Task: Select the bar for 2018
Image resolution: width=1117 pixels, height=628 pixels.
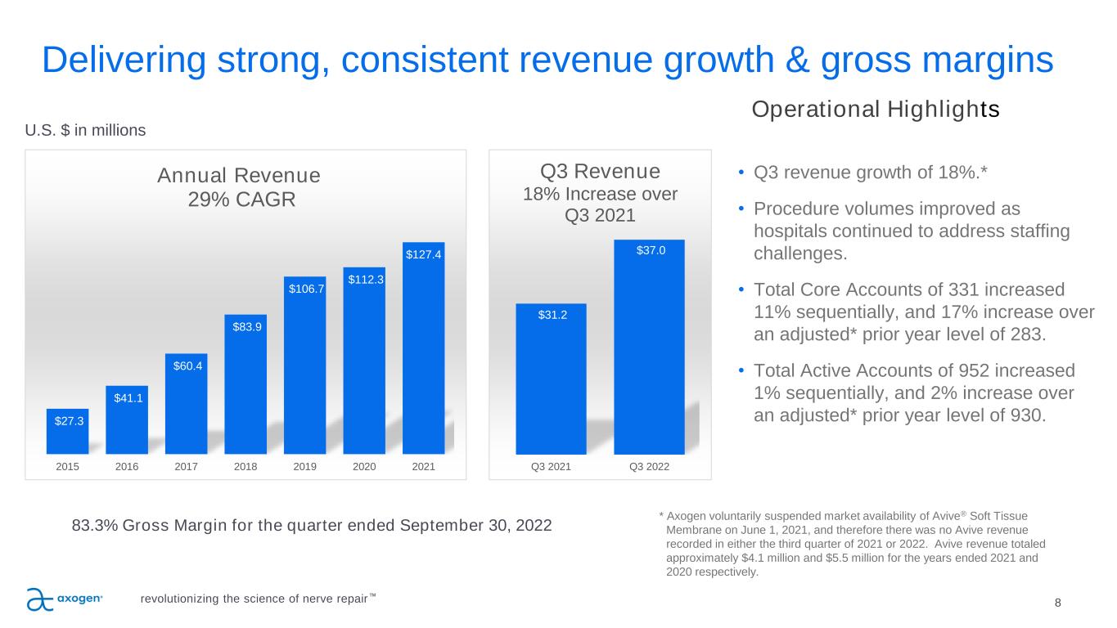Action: tap(245, 384)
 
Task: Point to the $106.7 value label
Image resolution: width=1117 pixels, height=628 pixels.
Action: tap(304, 289)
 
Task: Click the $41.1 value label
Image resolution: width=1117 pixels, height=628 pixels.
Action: tap(127, 397)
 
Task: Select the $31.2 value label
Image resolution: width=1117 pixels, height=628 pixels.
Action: tap(550, 315)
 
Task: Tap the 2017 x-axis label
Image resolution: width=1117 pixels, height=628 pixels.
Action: tap(186, 467)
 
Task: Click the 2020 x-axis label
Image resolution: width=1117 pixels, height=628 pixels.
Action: tap(363, 467)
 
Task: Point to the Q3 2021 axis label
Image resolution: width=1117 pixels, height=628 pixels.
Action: tap(551, 467)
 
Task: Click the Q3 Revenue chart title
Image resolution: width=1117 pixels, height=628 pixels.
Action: tap(601, 172)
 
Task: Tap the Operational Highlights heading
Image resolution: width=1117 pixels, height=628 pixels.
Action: tap(875, 110)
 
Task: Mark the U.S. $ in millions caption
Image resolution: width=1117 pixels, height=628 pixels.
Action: tap(86, 130)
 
